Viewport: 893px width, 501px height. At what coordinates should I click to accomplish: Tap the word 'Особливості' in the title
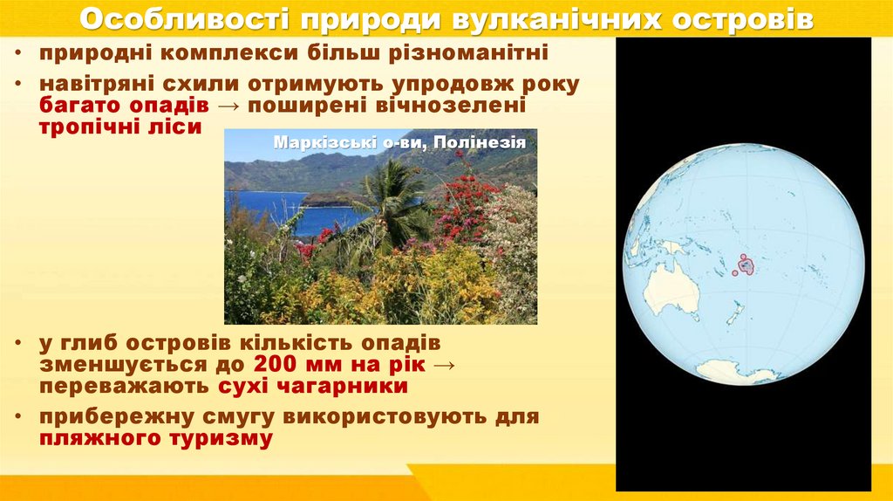coord(174,19)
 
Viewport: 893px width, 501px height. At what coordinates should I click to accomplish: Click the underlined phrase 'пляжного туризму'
coord(155,438)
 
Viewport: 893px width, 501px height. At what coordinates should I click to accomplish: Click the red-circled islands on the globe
coord(742,264)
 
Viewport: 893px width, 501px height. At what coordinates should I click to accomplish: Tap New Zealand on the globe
coord(734,313)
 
